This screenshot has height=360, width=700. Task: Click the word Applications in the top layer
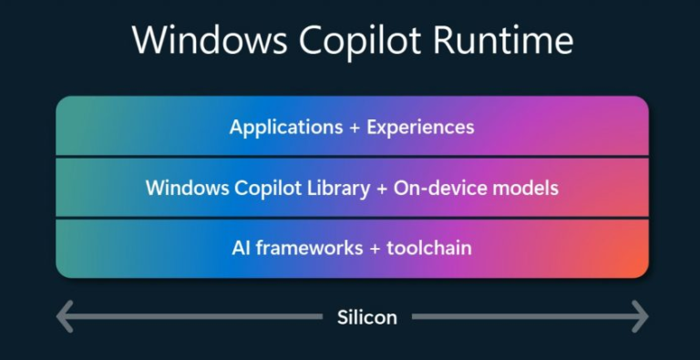point(284,127)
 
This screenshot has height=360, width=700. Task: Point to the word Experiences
point(420,127)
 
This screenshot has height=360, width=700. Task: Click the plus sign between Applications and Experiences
point(354,127)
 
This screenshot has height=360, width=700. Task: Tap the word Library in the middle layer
point(343,189)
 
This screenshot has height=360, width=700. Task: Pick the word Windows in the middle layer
point(185,189)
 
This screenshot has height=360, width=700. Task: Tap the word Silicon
point(367,317)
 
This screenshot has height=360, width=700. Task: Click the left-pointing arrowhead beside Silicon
point(64,317)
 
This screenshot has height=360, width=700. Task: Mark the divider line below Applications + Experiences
point(352,157)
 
